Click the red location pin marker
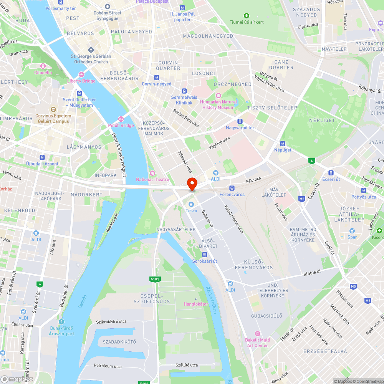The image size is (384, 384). click(x=192, y=184)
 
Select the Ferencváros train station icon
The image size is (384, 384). click(x=232, y=188)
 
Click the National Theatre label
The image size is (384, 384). click(x=152, y=179)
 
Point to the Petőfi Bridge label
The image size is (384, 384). click(x=121, y=125)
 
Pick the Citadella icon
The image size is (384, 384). click(x=43, y=66)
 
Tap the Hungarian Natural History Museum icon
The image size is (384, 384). click(x=218, y=95)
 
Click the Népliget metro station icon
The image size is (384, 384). click(x=283, y=143)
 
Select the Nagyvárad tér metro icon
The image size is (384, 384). click(x=240, y=121)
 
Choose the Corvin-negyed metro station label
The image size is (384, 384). click(x=157, y=84)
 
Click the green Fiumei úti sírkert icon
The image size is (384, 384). click(x=246, y=16)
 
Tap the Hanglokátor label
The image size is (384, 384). click(x=196, y=304)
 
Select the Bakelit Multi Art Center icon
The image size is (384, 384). click(x=258, y=334)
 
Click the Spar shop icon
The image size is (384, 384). click(x=352, y=231)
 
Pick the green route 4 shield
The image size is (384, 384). click(x=311, y=161)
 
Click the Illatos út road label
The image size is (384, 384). click(x=312, y=272)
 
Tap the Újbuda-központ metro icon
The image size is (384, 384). click(x=42, y=157)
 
